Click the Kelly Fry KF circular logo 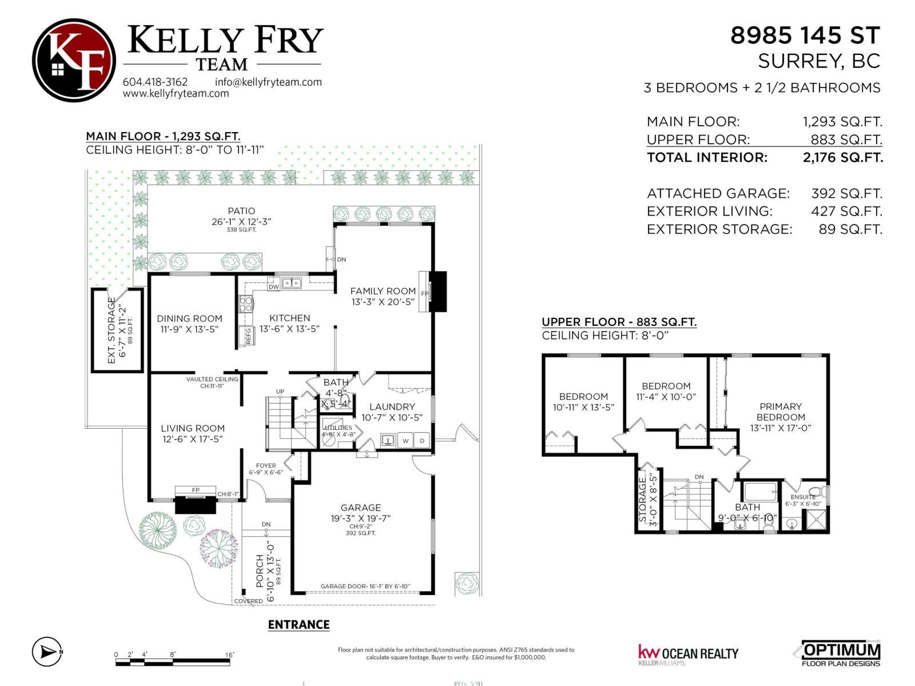click(74, 60)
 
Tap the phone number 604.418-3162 click(155, 82)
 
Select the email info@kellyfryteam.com click(268, 82)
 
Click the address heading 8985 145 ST click(805, 35)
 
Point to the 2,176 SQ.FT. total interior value click(842, 157)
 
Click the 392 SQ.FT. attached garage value click(846, 193)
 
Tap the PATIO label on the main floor click(241, 211)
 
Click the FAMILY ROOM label click(383, 291)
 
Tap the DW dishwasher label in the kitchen click(274, 287)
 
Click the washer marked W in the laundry click(405, 441)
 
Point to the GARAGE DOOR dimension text click(365, 587)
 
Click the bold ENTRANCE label click(299, 624)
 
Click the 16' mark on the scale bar click(229, 655)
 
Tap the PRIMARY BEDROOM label click(781, 412)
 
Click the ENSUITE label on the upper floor click(803, 497)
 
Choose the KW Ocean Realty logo click(688, 654)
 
